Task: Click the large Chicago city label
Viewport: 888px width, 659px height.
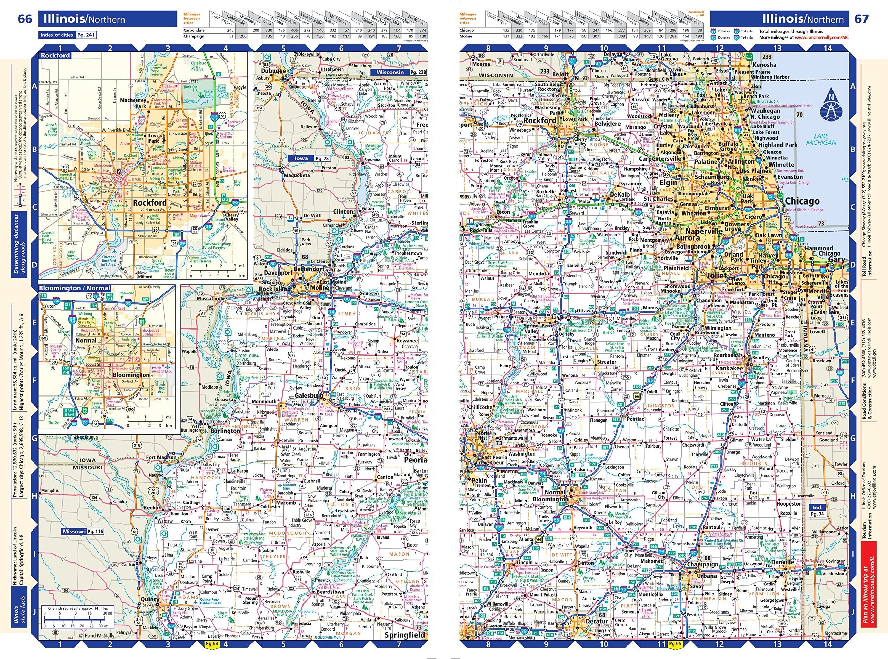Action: click(802, 201)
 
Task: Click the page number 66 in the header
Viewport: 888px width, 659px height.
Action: click(25, 19)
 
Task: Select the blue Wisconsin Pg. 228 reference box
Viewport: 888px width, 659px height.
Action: click(399, 72)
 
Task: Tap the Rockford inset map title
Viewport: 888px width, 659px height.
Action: click(54, 56)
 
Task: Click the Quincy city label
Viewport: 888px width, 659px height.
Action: click(150, 599)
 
